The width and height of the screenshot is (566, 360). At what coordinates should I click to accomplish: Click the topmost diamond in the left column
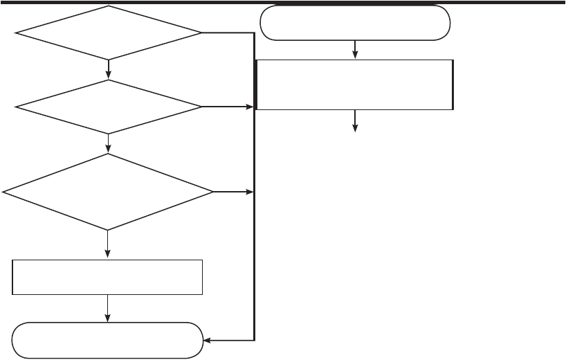click(109, 33)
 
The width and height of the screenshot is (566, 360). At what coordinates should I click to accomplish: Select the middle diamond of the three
click(109, 107)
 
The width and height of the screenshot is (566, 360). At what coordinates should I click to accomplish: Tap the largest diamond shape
click(109, 192)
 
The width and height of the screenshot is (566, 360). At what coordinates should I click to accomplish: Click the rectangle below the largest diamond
click(108, 278)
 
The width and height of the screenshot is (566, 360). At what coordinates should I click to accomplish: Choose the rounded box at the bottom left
click(108, 341)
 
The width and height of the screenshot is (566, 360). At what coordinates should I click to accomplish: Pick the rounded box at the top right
click(355, 24)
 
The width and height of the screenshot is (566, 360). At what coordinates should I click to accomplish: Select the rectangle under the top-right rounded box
click(355, 84)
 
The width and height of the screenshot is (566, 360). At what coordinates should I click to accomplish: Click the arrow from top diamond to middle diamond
click(109, 69)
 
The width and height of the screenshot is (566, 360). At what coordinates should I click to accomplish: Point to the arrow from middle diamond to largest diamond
click(109, 143)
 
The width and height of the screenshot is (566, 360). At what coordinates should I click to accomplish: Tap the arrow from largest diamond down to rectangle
click(109, 244)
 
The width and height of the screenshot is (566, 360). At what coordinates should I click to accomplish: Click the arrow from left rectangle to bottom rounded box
click(109, 309)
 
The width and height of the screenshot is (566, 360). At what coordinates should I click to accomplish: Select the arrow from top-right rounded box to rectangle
click(355, 49)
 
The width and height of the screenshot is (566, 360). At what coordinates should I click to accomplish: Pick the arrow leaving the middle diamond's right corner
click(228, 107)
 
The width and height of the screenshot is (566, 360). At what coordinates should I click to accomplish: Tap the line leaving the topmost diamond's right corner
click(228, 33)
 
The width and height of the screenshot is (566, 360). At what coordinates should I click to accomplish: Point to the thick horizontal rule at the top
click(283, 2)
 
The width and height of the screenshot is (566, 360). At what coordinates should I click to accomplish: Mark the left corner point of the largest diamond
click(4, 192)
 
